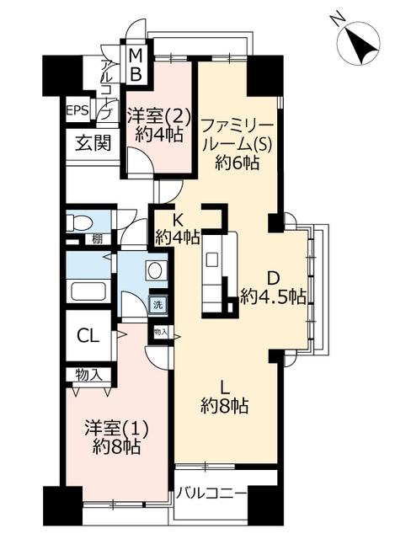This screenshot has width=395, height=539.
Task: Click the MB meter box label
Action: [x=136, y=65]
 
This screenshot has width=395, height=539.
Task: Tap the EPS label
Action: [x=77, y=110]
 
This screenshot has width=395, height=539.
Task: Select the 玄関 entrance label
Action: [x=93, y=142]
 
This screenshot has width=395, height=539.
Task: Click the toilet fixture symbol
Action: [x=79, y=222]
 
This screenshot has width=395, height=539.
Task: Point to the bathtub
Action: [x=89, y=291]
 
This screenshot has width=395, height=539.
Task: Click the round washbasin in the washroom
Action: [x=156, y=270]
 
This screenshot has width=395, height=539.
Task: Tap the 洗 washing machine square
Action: [x=157, y=304]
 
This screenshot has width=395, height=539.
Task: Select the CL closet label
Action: [x=88, y=336]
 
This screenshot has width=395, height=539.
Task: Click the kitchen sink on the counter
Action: [x=211, y=259]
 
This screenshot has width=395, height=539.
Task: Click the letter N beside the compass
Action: [x=337, y=19]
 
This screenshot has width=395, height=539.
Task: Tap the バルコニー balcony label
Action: [x=211, y=494]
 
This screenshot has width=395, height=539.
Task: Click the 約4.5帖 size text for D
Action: [x=273, y=296]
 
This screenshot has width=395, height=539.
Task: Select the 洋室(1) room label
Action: [x=117, y=429]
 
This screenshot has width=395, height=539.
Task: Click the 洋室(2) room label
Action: [x=158, y=115]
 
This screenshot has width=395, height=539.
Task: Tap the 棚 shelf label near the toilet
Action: [x=98, y=239]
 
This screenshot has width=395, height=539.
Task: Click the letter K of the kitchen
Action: [x=177, y=221]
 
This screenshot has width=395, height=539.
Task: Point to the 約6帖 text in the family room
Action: [x=238, y=162]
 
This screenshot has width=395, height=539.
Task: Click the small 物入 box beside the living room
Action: [x=161, y=332]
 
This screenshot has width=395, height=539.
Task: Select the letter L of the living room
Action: [x=225, y=387]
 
